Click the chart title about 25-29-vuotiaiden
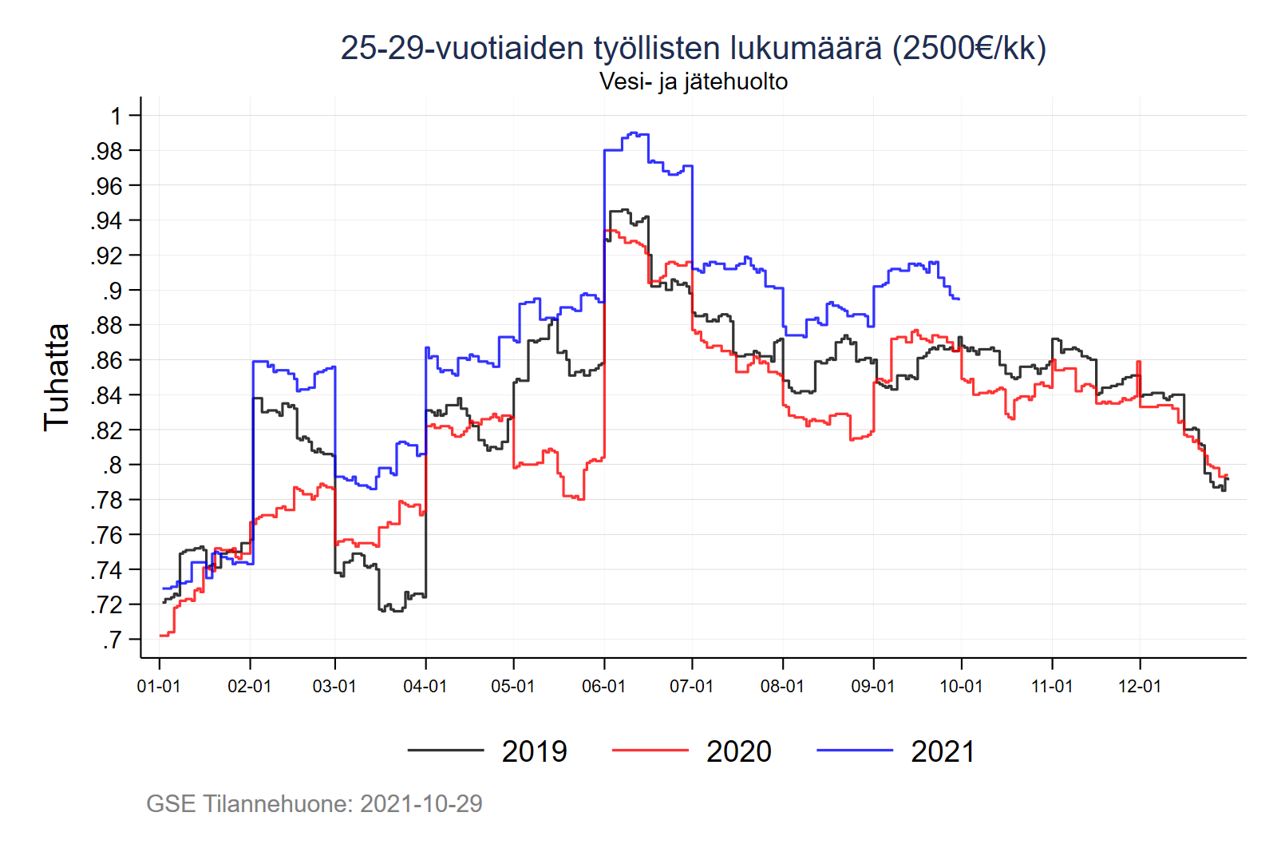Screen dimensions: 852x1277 [693, 48]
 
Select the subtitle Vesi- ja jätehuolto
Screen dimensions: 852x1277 [693, 81]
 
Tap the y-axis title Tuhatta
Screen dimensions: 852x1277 [57, 377]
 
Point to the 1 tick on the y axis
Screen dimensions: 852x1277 [117, 116]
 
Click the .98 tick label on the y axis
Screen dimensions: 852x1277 [107, 151]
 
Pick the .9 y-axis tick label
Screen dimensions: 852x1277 [112, 291]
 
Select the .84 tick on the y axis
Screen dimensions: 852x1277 [107, 395]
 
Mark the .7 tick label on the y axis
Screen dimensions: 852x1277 [112, 640]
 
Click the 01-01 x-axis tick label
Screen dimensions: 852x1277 [159, 686]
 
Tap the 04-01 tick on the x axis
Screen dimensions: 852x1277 [425, 686]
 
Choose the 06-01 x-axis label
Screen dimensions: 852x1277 [603, 686]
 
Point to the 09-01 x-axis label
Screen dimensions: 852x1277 [872, 686]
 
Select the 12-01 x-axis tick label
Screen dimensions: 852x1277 [1139, 686]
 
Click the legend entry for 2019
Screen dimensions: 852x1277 [534, 751]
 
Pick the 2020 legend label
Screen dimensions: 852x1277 [738, 751]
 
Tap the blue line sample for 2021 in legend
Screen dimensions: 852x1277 [854, 751]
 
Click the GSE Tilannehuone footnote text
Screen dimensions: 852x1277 [314, 803]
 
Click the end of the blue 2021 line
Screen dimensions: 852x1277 [959, 299]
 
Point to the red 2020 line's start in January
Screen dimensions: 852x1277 [161, 636]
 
